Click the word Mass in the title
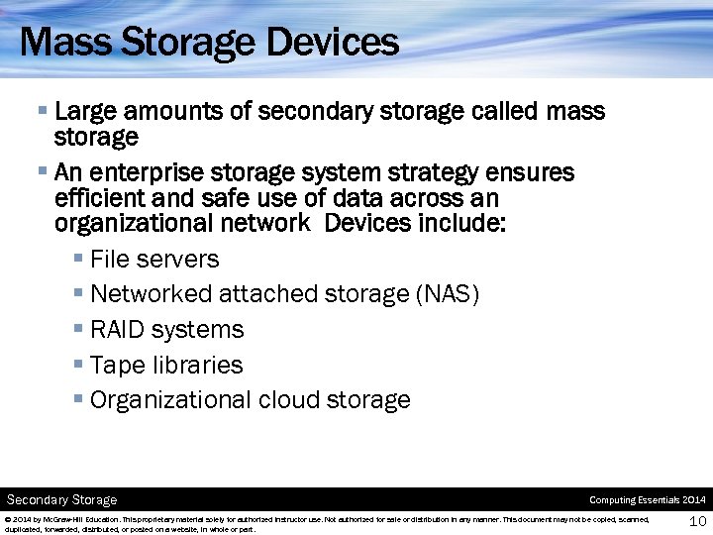[x=59, y=42]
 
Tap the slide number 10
[x=697, y=522]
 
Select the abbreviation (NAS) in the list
[x=448, y=294]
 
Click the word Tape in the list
[x=118, y=366]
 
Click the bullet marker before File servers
[x=78, y=259]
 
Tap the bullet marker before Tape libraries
[x=78, y=365]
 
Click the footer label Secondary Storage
[x=62, y=500]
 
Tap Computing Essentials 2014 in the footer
[x=648, y=500]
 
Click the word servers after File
[x=179, y=260]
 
